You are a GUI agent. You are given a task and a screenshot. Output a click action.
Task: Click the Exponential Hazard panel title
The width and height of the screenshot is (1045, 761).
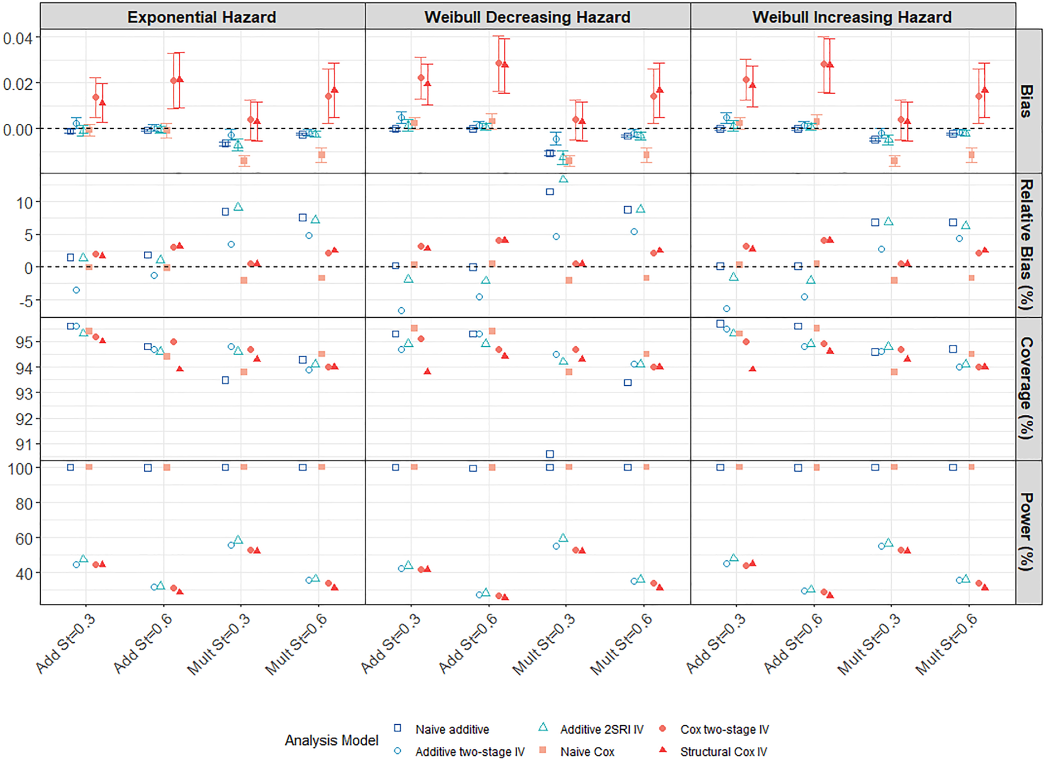coord(202,17)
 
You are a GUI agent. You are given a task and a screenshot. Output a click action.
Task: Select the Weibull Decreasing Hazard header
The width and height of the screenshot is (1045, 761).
coord(527,17)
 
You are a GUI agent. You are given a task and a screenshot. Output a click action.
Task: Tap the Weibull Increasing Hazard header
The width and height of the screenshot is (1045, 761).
coord(852,17)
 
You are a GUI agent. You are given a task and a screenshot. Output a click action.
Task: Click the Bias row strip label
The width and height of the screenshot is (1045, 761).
coord(1027,101)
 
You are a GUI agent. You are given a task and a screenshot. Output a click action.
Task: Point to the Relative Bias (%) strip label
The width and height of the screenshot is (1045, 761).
coord(1027,245)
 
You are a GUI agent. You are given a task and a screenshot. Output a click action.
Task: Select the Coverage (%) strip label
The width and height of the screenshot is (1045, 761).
coord(1027,389)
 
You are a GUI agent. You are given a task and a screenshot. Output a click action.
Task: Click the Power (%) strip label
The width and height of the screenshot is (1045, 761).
coord(1027,532)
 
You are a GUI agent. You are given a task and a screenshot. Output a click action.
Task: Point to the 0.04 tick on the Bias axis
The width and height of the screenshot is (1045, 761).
coord(18,38)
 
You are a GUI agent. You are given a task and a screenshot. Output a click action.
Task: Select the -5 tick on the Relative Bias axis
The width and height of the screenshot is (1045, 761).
coord(24,301)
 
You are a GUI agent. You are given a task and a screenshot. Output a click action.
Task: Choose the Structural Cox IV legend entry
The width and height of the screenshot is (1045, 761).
coord(713,752)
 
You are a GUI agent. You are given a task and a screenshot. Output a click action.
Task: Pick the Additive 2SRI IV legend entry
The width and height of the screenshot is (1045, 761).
coord(591,729)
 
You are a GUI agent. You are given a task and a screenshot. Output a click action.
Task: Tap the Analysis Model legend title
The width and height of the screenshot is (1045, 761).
coord(332,740)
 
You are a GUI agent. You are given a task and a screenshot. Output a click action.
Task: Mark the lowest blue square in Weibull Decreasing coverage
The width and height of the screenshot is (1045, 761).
coord(550,454)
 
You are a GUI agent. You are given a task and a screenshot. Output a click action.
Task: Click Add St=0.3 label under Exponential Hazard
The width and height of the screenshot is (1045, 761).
coord(66,644)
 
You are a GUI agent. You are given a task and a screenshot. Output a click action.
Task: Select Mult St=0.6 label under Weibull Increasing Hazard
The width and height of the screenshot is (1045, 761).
coord(946,644)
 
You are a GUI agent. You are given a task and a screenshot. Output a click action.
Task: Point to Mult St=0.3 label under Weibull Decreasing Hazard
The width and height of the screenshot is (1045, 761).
coord(543,644)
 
